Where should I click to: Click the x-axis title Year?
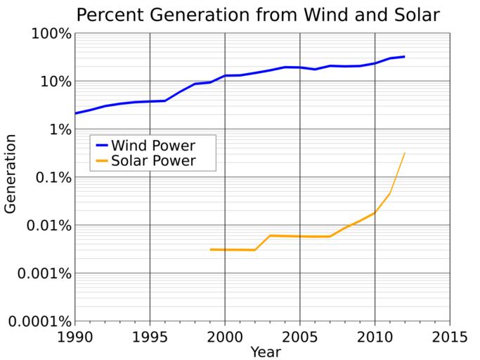(266, 351)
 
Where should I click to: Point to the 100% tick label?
(50, 34)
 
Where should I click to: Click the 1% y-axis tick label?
(58, 129)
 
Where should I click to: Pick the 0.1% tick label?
(50, 177)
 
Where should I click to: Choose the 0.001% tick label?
(41, 273)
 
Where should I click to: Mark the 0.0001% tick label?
(37, 321)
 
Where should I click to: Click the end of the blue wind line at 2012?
(404, 56)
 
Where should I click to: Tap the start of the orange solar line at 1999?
(210, 250)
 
